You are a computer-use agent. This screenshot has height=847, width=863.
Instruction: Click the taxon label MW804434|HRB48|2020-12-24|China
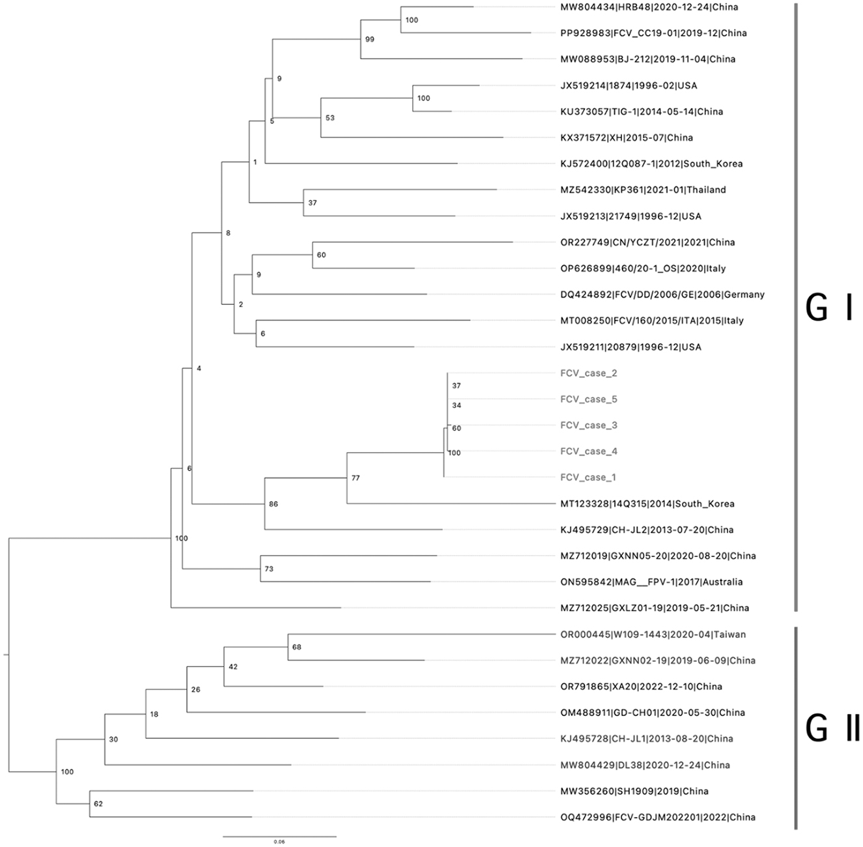640,7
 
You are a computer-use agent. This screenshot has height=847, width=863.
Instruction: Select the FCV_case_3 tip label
589,425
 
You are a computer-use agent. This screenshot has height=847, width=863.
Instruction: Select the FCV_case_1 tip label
588,478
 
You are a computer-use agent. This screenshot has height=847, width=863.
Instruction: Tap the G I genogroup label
828,308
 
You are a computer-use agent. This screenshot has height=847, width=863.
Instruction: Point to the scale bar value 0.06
279,842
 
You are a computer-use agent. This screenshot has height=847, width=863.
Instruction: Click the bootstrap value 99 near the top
370,40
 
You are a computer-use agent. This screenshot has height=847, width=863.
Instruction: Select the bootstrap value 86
274,504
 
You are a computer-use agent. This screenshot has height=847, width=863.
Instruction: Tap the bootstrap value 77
355,478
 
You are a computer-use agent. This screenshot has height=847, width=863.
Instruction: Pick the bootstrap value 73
269,569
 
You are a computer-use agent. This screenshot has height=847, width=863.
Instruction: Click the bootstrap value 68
297,648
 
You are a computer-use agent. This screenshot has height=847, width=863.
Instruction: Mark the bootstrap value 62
98,804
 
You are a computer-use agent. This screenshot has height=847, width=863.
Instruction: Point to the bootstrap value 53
330,118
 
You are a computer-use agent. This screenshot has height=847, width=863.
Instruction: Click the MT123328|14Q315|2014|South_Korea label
647,504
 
